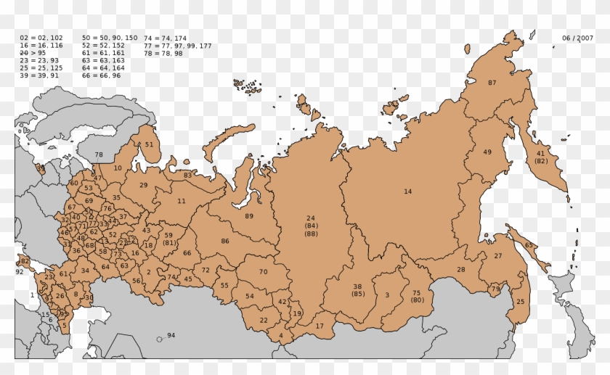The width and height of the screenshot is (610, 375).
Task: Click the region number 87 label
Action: point(492,83)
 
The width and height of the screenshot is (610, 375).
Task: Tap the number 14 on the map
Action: point(407,191)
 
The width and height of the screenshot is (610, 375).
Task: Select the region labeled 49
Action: point(487,152)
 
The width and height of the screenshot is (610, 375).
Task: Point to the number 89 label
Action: point(249,216)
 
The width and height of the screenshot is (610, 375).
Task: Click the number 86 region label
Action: point(225,241)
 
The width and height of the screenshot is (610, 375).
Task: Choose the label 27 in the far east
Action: point(498,256)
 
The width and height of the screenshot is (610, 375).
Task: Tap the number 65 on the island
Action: point(529,245)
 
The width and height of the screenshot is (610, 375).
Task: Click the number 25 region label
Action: point(520,301)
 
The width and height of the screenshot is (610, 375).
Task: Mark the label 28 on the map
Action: point(460,270)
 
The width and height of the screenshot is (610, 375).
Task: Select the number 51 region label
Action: point(149,144)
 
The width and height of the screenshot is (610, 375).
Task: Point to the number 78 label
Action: point(99,154)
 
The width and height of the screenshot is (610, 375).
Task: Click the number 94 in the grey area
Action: point(171,335)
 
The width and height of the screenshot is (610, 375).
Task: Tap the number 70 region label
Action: point(264,271)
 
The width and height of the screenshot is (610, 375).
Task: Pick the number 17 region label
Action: point(320,326)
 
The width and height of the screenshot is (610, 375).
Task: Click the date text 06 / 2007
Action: point(577,38)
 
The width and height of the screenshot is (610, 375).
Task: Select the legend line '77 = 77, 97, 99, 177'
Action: point(178,46)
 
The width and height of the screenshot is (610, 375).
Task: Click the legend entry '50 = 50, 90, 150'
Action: point(110,37)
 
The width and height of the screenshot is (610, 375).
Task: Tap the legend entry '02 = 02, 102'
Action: point(41,37)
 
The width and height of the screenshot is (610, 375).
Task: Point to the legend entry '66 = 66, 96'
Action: point(101,75)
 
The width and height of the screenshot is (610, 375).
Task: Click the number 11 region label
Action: point(182,201)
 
